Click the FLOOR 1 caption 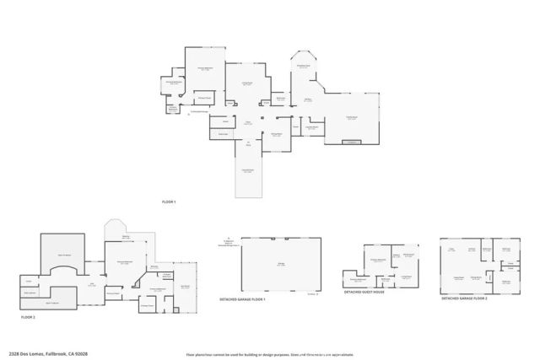tap(170, 202)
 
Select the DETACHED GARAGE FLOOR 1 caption tap(242, 300)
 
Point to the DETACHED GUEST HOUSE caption tap(364, 293)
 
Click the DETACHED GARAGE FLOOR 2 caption tap(464, 298)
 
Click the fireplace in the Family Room tap(350, 142)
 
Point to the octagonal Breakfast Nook tap(303, 67)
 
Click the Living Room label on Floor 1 tap(249, 84)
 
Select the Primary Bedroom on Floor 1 tap(205, 72)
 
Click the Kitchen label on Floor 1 tap(309, 99)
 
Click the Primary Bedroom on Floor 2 tap(125, 262)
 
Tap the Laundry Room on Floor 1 tap(224, 133)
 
